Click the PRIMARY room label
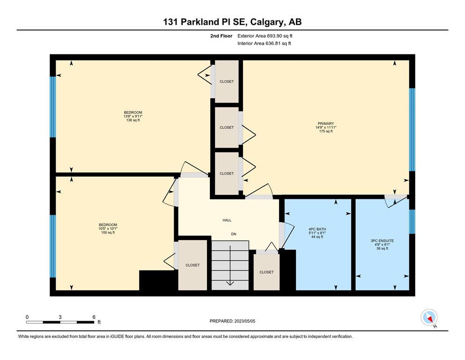[x=325, y=123]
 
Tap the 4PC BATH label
[x=317, y=229]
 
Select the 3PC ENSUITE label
[x=382, y=240]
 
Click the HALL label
[x=227, y=220]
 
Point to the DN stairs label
[x=234, y=234]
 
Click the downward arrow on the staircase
[x=230, y=265]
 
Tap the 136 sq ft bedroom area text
[x=133, y=120]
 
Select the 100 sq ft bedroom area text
[x=108, y=232]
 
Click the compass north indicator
[x=429, y=318]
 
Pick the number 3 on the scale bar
[x=60, y=317]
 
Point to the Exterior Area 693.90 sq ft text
[x=265, y=36]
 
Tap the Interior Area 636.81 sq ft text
[x=264, y=43]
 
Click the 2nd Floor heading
[x=221, y=36]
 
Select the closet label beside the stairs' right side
[x=266, y=272]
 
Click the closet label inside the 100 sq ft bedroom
[x=192, y=265]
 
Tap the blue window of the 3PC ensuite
[x=412, y=222]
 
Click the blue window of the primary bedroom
[x=412, y=129]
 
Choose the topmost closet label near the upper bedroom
[x=227, y=81]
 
